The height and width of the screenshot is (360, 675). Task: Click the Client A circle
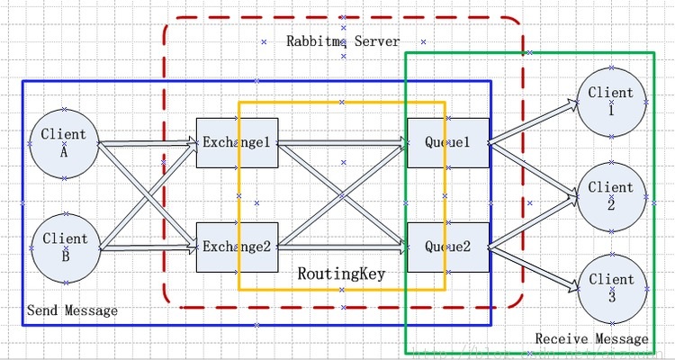[64, 142]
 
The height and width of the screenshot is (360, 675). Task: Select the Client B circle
[64, 246]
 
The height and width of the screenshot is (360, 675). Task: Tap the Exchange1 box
[237, 142]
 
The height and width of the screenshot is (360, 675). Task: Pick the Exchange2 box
[237, 247]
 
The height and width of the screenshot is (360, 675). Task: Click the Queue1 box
[448, 142]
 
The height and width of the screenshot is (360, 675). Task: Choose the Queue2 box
[448, 247]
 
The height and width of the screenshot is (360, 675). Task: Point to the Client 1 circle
[611, 100]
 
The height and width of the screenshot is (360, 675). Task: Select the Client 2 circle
[611, 194]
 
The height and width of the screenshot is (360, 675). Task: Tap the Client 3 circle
[611, 287]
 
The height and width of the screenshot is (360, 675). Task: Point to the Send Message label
[72, 310]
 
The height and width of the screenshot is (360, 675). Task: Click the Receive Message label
[591, 339]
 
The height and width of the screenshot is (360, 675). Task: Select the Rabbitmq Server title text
[343, 41]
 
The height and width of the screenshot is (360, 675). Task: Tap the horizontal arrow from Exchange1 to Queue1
[342, 142]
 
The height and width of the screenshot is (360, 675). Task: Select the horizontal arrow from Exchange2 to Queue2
[342, 246]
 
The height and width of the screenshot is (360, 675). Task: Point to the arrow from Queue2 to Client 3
[535, 268]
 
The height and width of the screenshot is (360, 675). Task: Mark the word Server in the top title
[378, 41]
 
